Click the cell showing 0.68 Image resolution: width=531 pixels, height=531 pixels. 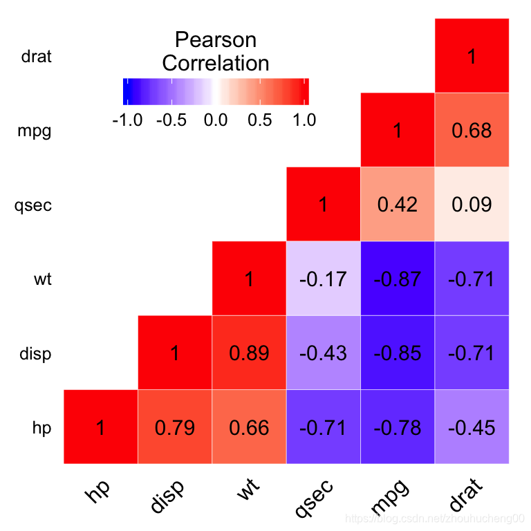[472, 130]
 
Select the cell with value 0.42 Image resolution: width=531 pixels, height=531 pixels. [398, 205]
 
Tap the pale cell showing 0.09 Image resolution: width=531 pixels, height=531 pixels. [472, 205]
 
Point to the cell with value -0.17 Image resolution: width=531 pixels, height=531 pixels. [323, 279]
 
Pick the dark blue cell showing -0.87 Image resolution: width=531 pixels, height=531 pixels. [398, 279]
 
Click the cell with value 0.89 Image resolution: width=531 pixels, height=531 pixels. [249, 353]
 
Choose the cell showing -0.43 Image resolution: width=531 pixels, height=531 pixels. [323, 353]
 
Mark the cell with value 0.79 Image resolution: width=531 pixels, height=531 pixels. [175, 427]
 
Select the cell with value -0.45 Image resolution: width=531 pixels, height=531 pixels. [472, 427]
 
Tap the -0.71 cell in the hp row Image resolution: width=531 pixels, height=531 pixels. [323, 427]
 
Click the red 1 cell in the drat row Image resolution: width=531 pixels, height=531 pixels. [472, 56]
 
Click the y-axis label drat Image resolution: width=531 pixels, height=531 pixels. [37, 57]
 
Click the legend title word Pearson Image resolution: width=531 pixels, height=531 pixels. [215, 39]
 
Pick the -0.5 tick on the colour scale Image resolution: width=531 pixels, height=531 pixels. [171, 120]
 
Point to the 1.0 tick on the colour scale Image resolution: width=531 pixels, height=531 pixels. [301, 120]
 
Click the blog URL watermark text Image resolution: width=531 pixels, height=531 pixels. [436, 518]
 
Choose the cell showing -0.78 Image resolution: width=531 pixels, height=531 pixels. [398, 427]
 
